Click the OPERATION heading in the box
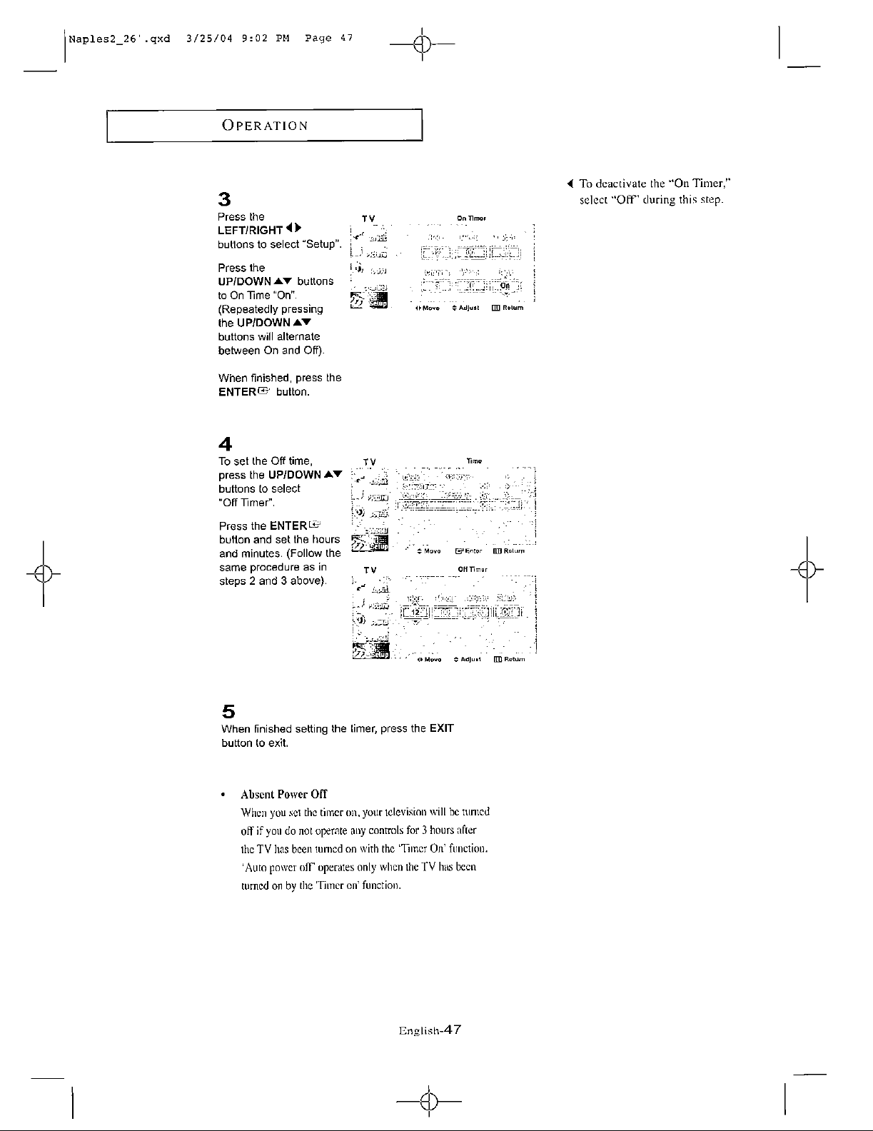265,126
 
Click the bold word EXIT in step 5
441,729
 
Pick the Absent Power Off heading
283,794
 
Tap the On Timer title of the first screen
471,218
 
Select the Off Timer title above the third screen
472,569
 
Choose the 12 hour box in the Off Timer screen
415,613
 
